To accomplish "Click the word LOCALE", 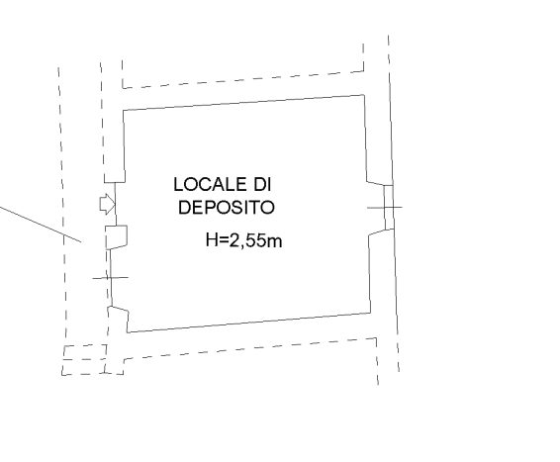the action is (211, 184).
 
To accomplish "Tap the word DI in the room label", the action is (262, 184).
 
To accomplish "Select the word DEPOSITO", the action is (227, 208).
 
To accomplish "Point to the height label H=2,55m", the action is (244, 240).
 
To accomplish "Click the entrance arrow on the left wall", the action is (107, 205).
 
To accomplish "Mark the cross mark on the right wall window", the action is (385, 207).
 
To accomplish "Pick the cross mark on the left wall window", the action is (111, 277).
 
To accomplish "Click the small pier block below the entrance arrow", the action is (117, 236).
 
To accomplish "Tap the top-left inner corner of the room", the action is (124, 111).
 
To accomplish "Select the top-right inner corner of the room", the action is (364, 95).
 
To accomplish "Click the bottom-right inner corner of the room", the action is (370, 313).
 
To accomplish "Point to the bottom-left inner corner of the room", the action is (128, 332).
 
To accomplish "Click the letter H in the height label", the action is (211, 239).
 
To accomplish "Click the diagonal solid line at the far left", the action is (41, 224).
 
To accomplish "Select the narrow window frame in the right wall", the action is (389, 207).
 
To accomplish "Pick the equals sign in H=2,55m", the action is (223, 240).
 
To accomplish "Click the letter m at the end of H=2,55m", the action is (276, 241).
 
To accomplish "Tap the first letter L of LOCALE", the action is (178, 184).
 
